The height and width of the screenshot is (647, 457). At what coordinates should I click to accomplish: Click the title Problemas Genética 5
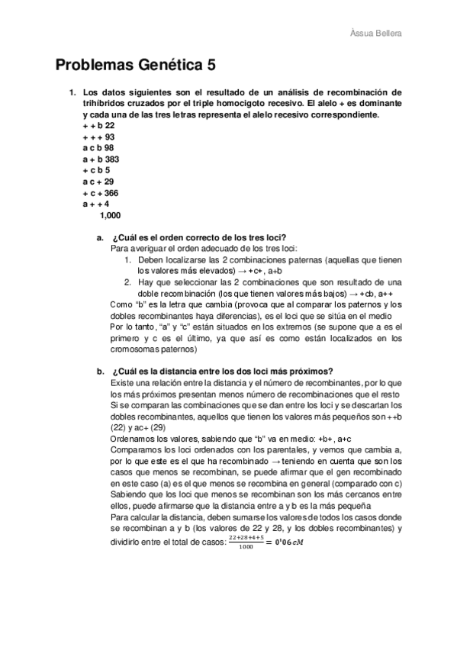(x=140, y=66)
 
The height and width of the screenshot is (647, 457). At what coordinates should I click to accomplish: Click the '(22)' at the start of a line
(x=121, y=427)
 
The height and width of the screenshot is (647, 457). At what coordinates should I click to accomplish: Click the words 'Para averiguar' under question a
(x=137, y=249)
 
